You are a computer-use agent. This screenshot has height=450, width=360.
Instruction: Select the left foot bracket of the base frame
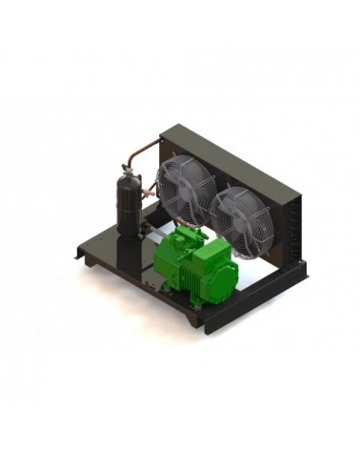[79, 252]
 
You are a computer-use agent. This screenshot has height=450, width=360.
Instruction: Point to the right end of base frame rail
[303, 276]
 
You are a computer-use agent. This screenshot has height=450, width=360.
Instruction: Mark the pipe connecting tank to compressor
[152, 229]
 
